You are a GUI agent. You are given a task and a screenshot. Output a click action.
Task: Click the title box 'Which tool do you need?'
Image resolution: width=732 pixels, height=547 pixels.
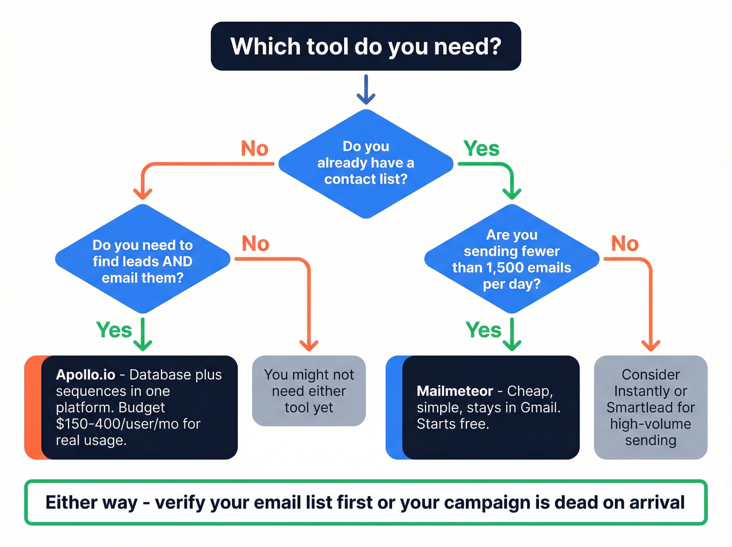pos(365,46)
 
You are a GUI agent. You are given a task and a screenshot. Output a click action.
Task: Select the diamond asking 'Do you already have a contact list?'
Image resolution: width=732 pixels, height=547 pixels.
pos(365,163)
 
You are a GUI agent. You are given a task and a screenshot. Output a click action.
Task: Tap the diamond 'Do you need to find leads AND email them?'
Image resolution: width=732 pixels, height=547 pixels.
pos(142,261)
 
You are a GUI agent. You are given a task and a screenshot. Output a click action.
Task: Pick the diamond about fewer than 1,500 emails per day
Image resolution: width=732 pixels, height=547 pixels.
pos(511,259)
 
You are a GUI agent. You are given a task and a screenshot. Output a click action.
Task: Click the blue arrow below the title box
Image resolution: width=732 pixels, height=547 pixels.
pos(366,90)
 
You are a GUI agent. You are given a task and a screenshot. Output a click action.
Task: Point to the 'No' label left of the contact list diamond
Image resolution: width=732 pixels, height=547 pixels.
pos(254,149)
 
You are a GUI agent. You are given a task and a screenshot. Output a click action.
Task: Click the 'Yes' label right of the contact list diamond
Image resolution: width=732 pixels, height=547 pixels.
pos(481,149)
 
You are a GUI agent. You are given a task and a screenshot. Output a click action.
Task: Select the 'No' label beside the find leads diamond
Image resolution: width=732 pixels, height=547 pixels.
pos(255,244)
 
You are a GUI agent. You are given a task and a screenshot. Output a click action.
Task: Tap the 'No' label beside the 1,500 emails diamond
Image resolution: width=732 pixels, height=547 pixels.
pos(625,244)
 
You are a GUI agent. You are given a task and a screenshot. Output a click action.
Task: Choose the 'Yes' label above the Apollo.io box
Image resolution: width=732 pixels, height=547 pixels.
pos(114,330)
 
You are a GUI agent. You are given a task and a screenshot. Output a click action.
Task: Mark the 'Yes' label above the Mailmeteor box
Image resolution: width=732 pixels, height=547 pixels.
pos(483,330)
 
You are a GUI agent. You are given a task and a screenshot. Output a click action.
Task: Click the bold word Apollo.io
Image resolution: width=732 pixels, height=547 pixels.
pos(85,375)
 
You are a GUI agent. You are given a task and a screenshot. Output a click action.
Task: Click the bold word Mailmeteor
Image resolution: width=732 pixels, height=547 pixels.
pos(454,391)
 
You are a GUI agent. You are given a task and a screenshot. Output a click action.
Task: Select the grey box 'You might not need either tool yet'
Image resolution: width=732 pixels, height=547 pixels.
pos(308,391)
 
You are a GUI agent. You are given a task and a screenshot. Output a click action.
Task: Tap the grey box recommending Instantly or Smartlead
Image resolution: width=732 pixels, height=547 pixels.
pos(650,407)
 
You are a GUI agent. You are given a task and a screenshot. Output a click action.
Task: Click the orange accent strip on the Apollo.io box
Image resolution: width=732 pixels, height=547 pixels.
pos(32,407)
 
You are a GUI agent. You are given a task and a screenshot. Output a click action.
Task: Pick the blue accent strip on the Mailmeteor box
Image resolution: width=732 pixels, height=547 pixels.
pos(394,407)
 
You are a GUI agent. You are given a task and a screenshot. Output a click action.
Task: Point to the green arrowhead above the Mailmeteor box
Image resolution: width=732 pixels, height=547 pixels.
pos(512,344)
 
